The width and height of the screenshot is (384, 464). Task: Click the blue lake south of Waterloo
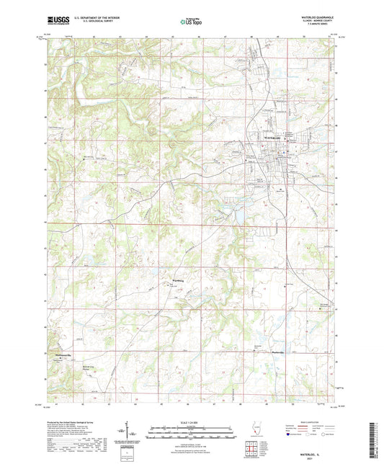click(231, 214)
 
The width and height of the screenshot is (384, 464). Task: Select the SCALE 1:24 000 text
click(191, 422)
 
